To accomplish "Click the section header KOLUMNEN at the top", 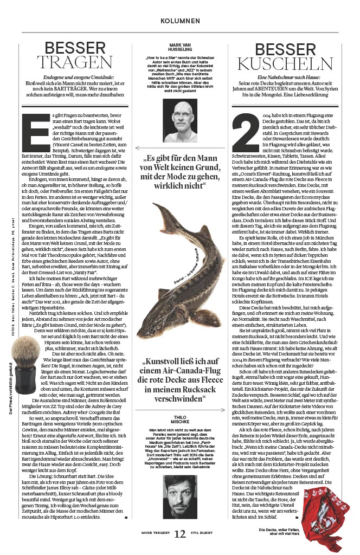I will click(x=180, y=21).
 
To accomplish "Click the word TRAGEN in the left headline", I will click(x=74, y=61).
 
